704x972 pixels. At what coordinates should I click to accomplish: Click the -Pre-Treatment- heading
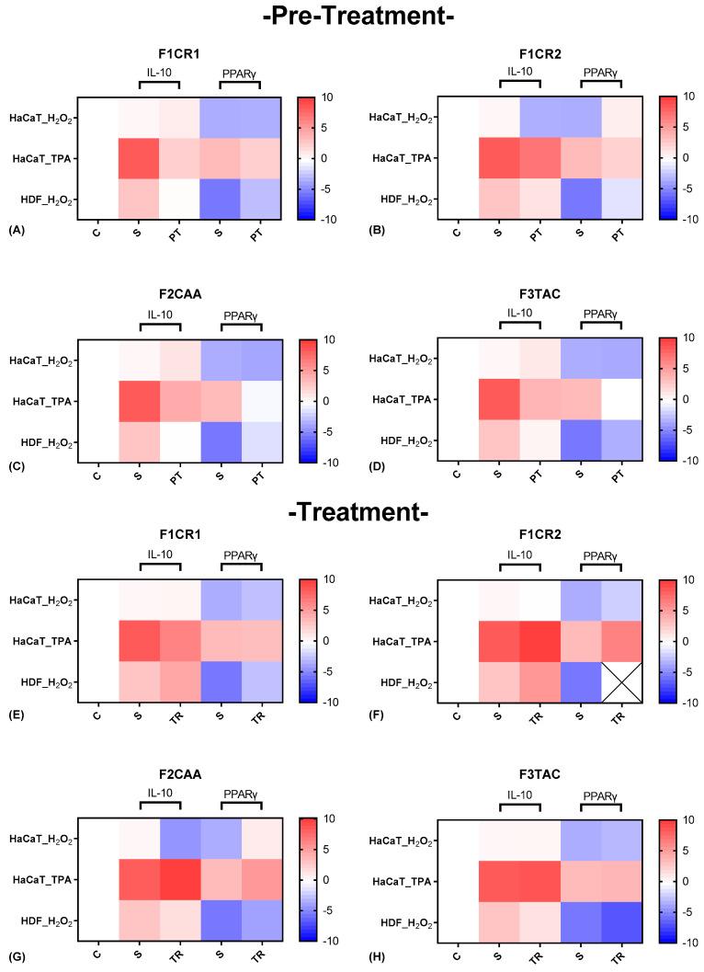(x=352, y=16)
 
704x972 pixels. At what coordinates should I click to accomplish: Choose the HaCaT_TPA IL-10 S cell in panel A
(x=138, y=158)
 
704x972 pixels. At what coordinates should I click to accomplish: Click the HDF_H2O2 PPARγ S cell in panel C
(x=219, y=441)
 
